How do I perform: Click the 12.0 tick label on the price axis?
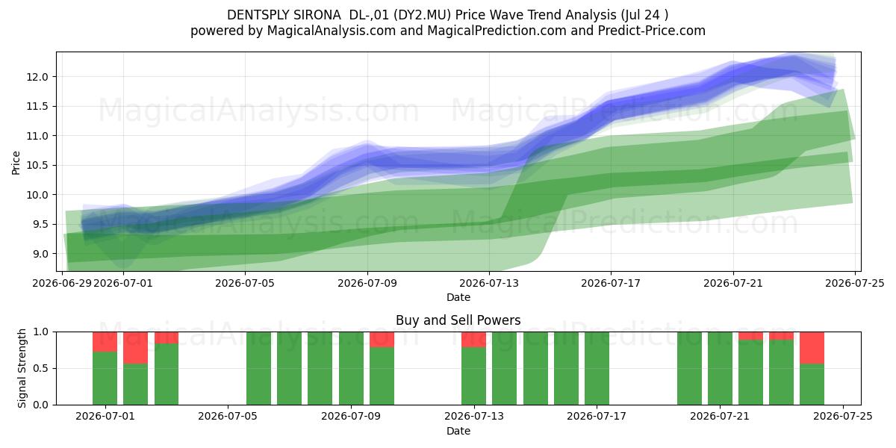point(37,77)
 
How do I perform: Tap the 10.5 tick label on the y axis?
point(37,166)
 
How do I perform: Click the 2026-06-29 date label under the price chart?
point(62,283)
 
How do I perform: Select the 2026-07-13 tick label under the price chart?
point(489,283)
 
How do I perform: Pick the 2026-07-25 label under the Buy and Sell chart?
point(843,416)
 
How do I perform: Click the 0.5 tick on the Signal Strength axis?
point(40,368)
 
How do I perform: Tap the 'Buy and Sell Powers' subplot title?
point(458,320)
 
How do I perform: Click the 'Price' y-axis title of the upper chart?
point(16,163)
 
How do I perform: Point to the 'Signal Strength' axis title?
point(22,368)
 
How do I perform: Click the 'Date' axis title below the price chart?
point(458,298)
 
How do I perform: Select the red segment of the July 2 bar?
point(136,348)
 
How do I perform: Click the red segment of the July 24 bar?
point(812,348)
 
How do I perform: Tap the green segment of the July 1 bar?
point(105,379)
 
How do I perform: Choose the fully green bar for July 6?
point(258,368)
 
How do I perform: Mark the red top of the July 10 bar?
point(382,340)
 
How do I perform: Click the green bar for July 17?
point(597,368)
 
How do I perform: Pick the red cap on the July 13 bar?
point(473,340)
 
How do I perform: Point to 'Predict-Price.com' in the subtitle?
point(652,31)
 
